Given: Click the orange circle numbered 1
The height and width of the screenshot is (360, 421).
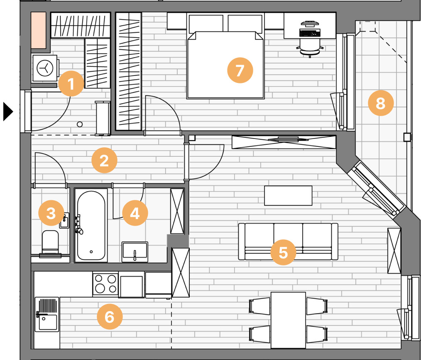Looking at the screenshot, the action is point(71,83).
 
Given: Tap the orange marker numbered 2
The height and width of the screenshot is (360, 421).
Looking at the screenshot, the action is point(104,160).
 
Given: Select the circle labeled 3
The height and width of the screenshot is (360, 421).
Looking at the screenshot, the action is point(51,213).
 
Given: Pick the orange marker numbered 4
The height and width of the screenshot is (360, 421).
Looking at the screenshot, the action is point(135,213).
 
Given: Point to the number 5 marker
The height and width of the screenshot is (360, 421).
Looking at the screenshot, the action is point(283,253).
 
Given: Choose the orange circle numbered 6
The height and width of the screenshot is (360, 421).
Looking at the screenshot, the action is point(110,316).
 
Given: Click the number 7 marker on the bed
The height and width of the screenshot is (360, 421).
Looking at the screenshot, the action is point(240,70).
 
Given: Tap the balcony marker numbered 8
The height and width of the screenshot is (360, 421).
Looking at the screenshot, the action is point(381,103).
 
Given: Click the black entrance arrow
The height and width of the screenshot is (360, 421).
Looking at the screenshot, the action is point(8,111).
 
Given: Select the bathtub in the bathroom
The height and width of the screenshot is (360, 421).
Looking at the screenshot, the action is point(91,225).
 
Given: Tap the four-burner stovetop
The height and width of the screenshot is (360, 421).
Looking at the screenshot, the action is point(105,284).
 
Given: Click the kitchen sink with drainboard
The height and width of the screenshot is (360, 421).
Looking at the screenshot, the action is point(47,314).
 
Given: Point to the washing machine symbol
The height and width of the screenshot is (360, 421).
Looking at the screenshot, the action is point(45,68).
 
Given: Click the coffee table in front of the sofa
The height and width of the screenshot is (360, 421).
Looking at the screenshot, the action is point(288,196).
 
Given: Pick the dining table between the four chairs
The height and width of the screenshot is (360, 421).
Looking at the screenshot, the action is point(288,320).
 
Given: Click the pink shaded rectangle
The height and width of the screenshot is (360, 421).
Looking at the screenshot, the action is point(38,30).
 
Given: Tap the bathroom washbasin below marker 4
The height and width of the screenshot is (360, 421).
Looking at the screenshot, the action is point(135,252).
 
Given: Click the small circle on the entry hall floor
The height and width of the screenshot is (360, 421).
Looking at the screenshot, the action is point(80,124).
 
